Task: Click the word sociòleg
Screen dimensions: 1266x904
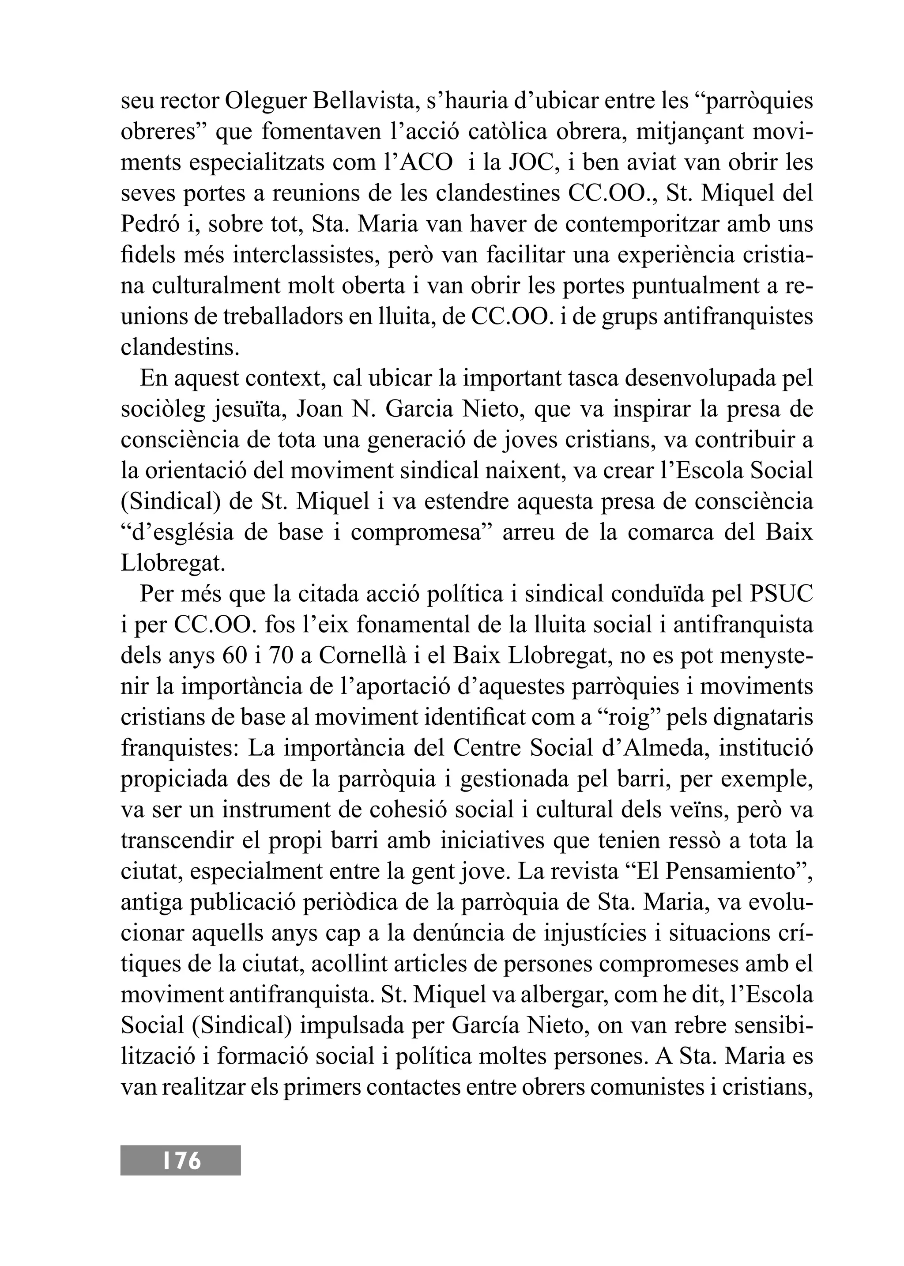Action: tap(162, 409)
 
